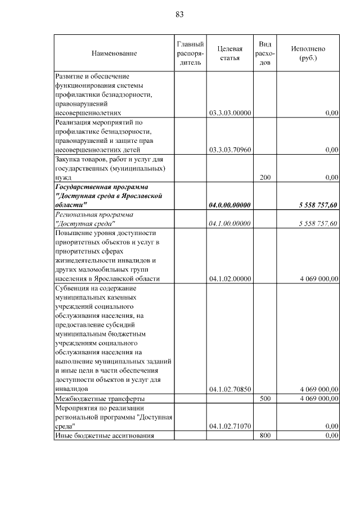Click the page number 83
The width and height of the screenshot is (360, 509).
tap(180, 14)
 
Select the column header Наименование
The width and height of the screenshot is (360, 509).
tap(114, 53)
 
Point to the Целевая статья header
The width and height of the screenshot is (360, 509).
tap(229, 53)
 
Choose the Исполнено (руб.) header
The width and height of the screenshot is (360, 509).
tap(308, 53)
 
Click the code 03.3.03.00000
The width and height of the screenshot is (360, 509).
tap(229, 113)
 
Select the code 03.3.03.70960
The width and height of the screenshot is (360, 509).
tap(229, 150)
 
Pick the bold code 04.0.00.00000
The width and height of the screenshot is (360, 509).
tap(229, 205)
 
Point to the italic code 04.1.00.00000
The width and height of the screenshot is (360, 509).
tap(229, 223)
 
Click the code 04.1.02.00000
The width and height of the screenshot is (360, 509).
tap(229, 278)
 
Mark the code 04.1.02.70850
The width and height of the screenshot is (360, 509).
tap(229, 389)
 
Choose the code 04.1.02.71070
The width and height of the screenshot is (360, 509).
tap(229, 426)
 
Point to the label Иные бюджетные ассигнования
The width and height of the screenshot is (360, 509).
tap(104, 435)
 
